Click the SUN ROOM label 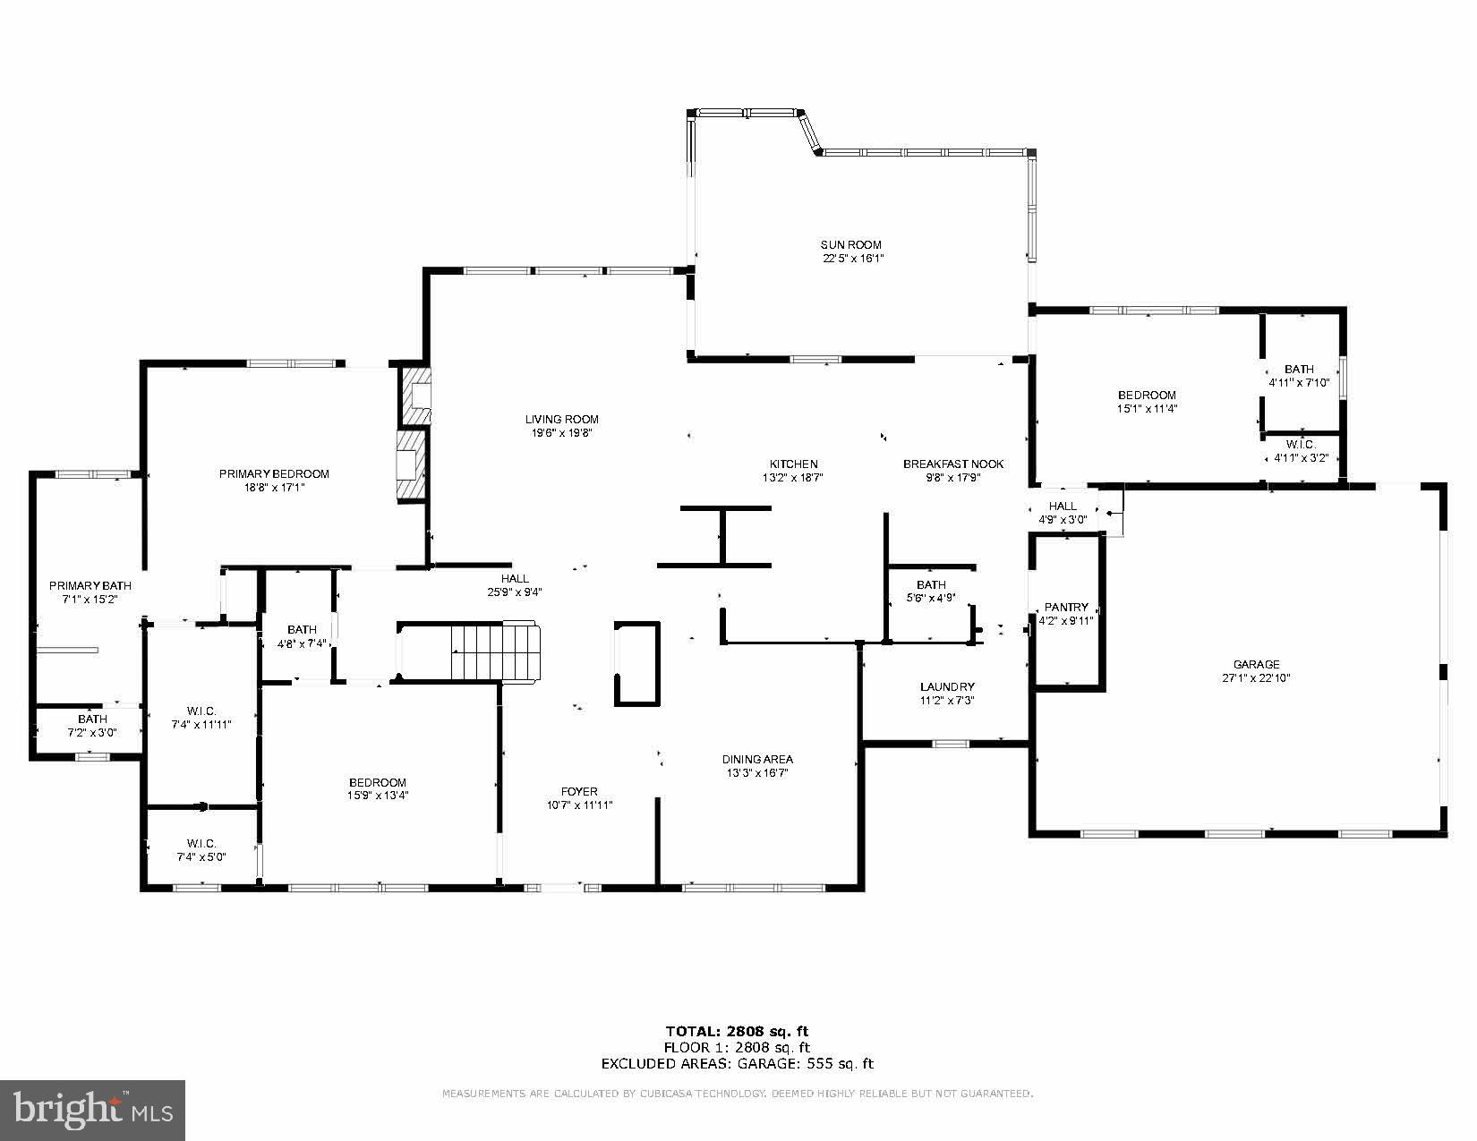(851, 244)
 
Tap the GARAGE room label (1256, 664)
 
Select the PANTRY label (1066, 607)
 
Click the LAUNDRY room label (946, 687)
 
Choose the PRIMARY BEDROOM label (274, 473)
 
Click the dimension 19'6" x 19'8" (561, 432)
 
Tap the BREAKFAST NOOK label (952, 464)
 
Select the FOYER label (579, 791)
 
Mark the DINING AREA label (757, 759)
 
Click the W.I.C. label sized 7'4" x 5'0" (201, 843)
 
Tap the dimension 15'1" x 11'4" (1146, 408)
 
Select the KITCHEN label (793, 464)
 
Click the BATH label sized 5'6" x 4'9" (931, 584)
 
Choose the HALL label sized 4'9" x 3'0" (1063, 506)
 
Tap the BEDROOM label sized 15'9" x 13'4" (378, 781)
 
